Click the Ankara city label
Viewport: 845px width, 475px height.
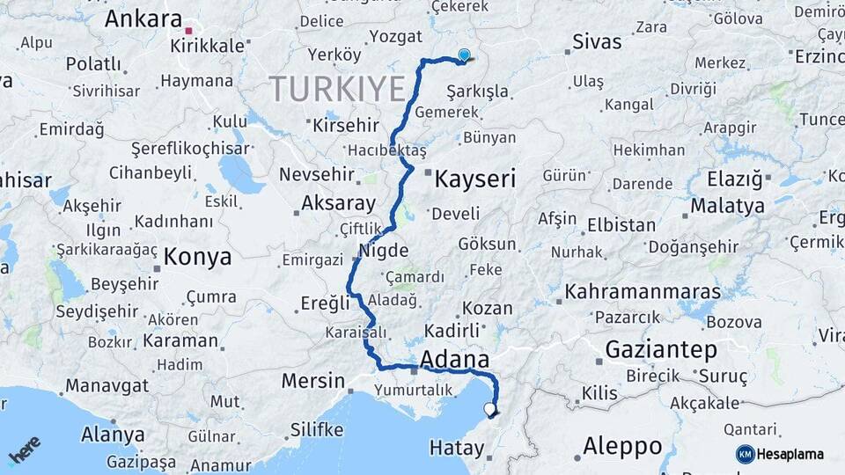(143, 19)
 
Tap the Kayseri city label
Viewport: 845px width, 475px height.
(475, 179)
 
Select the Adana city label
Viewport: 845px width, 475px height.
(455, 359)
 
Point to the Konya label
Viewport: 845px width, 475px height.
(198, 257)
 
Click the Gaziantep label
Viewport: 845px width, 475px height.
(661, 349)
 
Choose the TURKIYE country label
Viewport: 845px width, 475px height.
(337, 89)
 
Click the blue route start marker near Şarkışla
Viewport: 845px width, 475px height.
(464, 55)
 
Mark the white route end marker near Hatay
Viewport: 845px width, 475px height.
(489, 408)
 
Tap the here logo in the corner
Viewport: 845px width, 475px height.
(25, 451)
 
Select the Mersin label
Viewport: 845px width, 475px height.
(312, 381)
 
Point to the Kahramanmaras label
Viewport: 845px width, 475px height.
(643, 291)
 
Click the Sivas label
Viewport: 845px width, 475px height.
(596, 42)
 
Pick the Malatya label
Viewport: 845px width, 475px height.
(727, 206)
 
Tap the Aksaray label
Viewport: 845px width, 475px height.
(338, 203)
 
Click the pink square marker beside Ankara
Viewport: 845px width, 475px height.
(188, 30)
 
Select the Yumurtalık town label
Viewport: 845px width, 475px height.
(413, 390)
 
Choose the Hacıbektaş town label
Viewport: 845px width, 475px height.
(386, 150)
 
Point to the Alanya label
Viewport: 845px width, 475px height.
(113, 434)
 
